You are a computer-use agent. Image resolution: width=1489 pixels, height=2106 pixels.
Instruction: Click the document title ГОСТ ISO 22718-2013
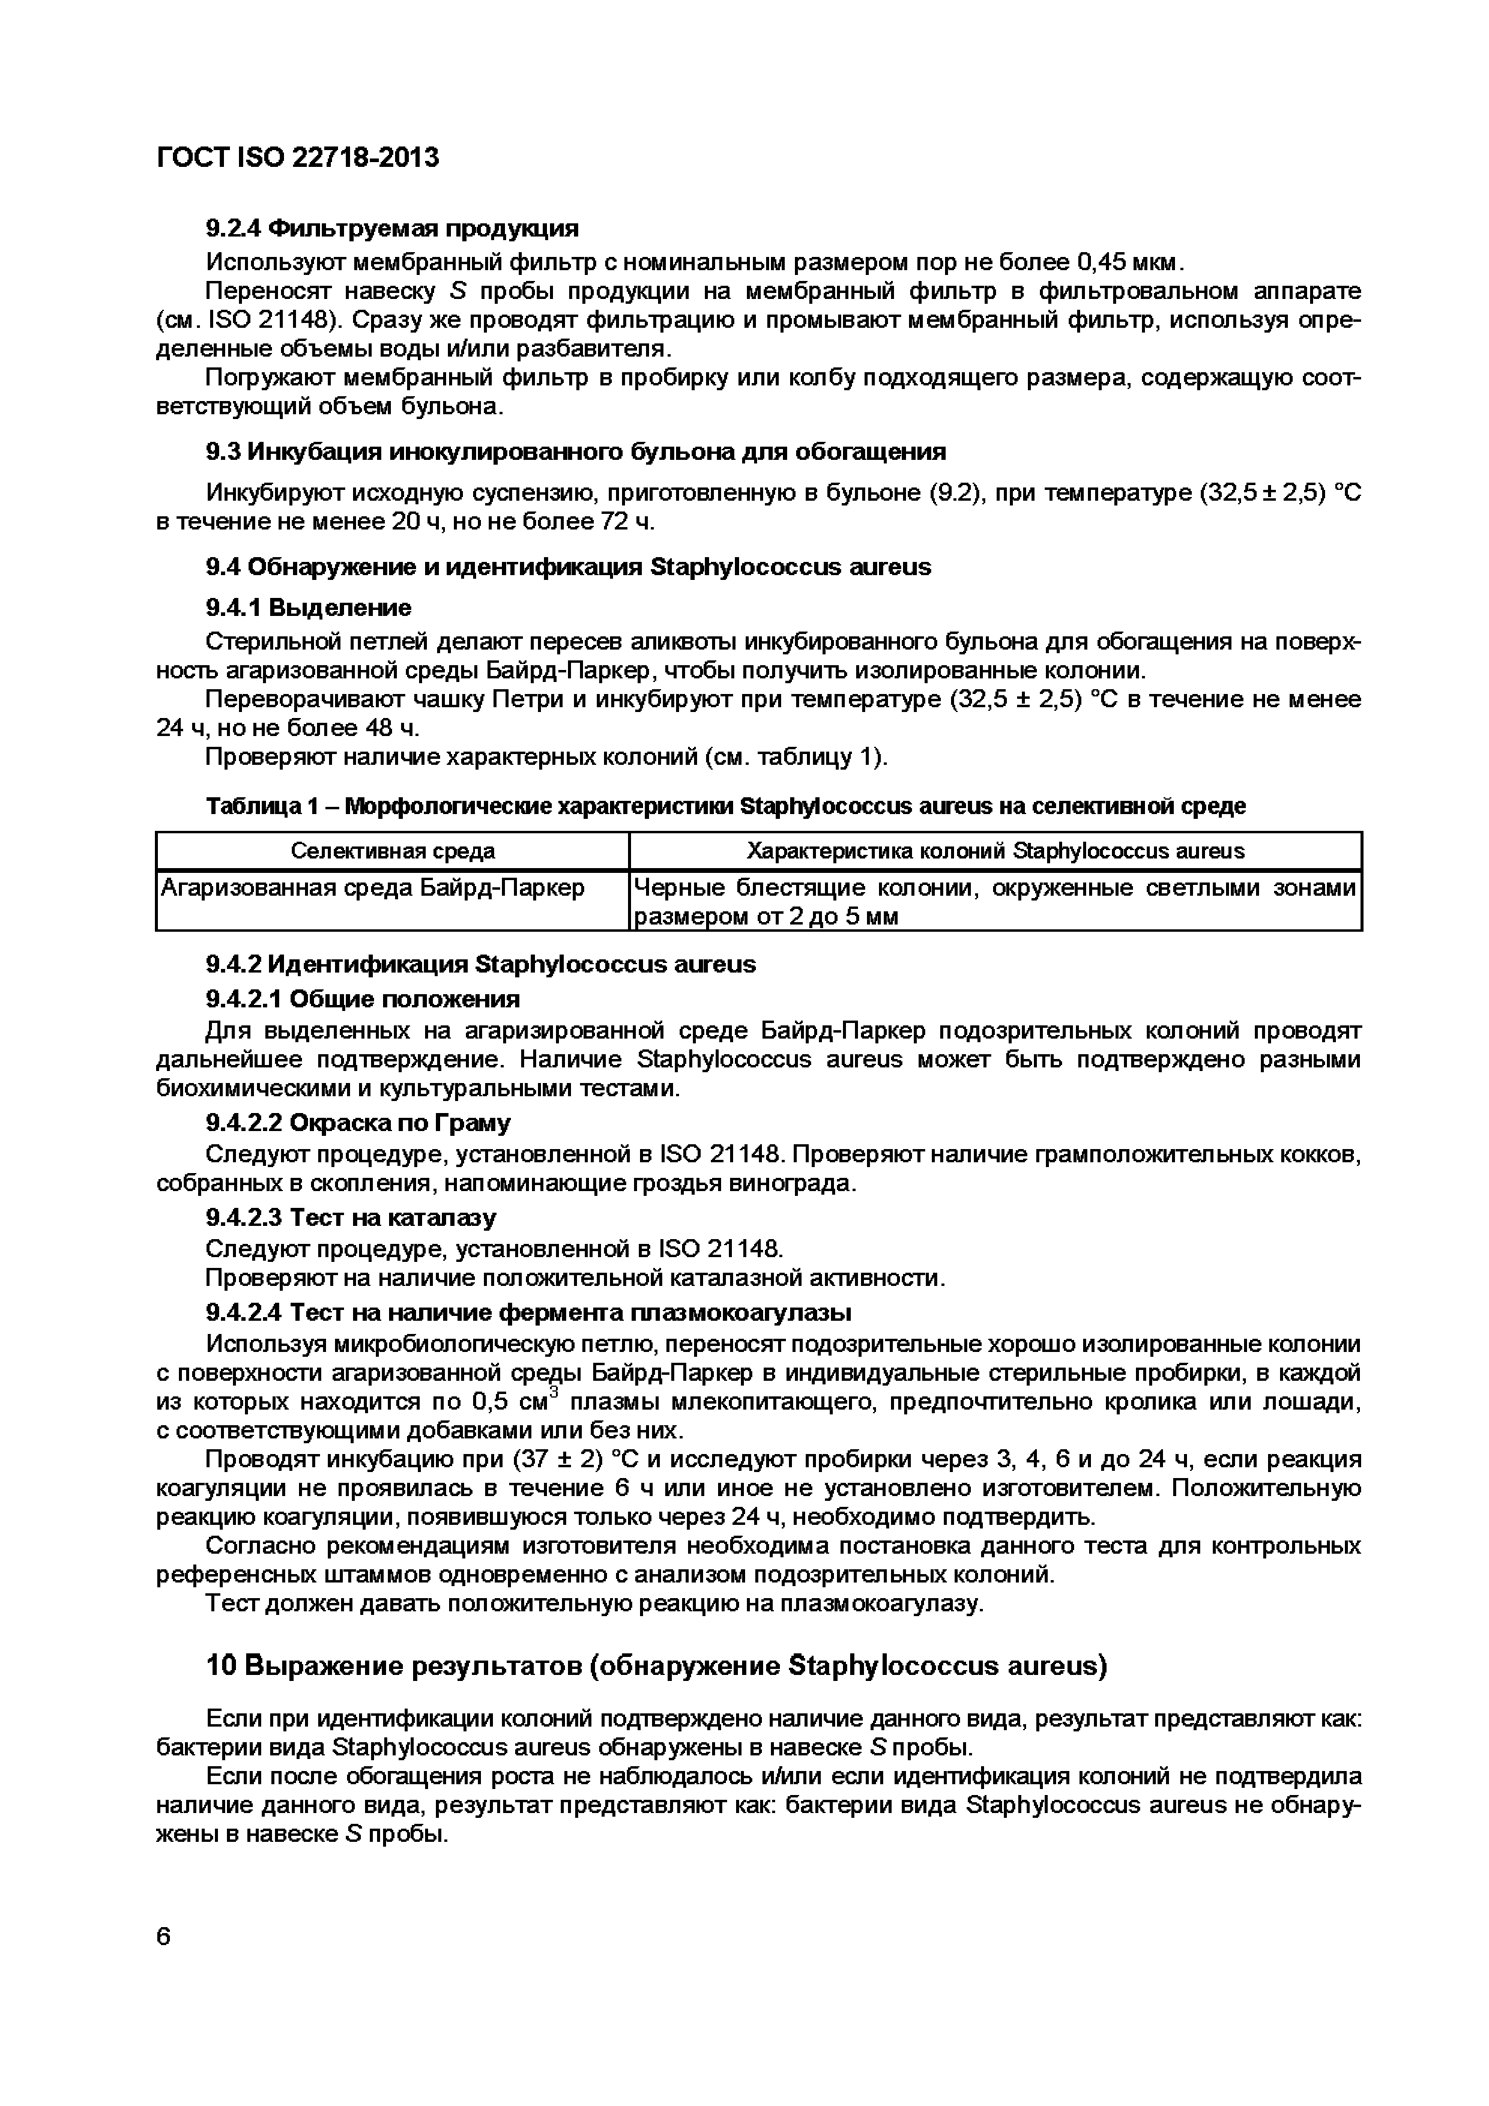click(298, 158)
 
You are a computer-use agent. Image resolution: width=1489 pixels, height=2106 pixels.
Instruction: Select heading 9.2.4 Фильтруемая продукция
click(391, 228)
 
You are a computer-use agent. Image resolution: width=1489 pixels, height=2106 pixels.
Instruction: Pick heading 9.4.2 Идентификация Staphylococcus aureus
click(481, 964)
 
